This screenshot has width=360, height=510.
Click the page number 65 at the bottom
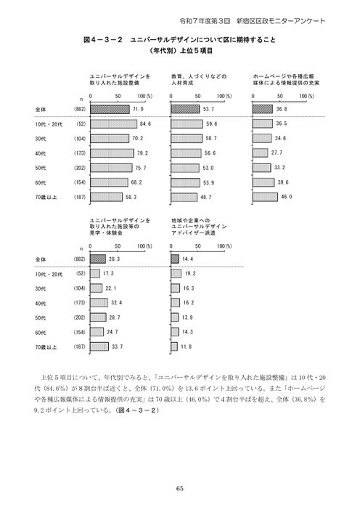click(179, 487)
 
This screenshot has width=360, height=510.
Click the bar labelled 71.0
click(109, 109)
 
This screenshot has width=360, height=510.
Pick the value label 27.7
click(276, 153)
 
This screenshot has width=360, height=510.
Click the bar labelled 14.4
click(175, 259)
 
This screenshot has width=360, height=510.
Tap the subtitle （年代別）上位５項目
click(179, 52)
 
